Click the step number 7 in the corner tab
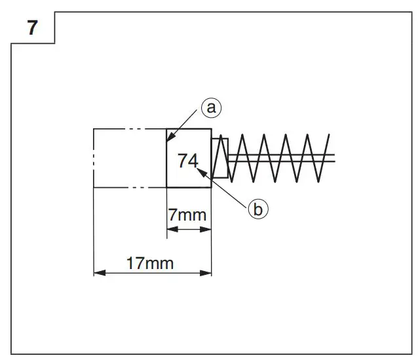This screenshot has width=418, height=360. (x=32, y=29)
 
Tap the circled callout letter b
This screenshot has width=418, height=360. (x=257, y=209)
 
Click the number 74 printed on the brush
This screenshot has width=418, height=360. (x=188, y=160)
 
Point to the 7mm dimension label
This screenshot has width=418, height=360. (x=187, y=215)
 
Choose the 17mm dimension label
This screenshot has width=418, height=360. (x=151, y=263)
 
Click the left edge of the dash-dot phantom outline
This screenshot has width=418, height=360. (x=94, y=158)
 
